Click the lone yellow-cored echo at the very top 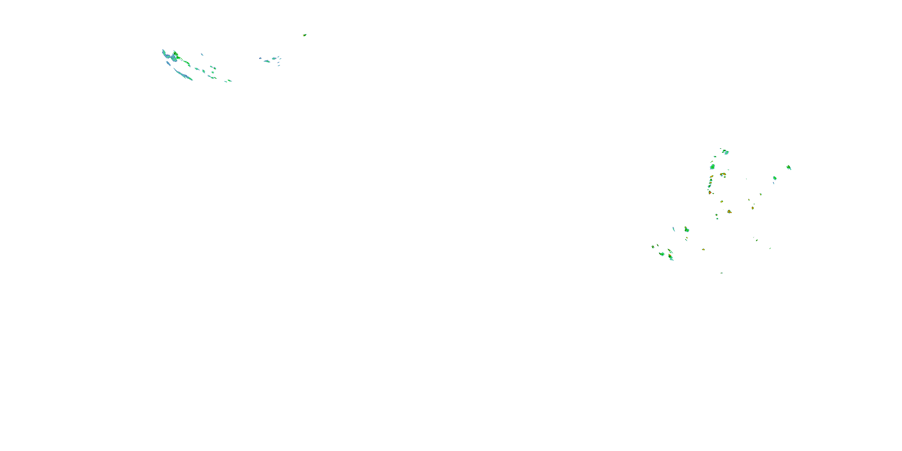pyautogui.click(x=305, y=35)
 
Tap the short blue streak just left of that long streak pyautogui.click(x=168, y=63)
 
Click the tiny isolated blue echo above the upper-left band pyautogui.click(x=202, y=54)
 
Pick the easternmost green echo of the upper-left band pyautogui.click(x=229, y=81)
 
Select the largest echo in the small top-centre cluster pyautogui.click(x=267, y=61)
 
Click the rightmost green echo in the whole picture pyautogui.click(x=789, y=167)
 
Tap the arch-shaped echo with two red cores pyautogui.click(x=723, y=174)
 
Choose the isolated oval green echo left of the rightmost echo pyautogui.click(x=775, y=178)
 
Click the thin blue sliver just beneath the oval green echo pyautogui.click(x=774, y=183)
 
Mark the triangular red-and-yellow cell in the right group pyautogui.click(x=729, y=211)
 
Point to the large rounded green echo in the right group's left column pyautogui.click(x=712, y=167)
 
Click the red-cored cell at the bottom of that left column pyautogui.click(x=710, y=192)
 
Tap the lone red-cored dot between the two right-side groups pyautogui.click(x=703, y=249)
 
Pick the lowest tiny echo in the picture pyautogui.click(x=722, y=273)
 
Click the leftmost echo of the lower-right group pyautogui.click(x=653, y=247)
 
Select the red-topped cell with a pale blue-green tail pyautogui.click(x=670, y=257)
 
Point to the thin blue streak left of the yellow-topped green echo pyautogui.click(x=674, y=229)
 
